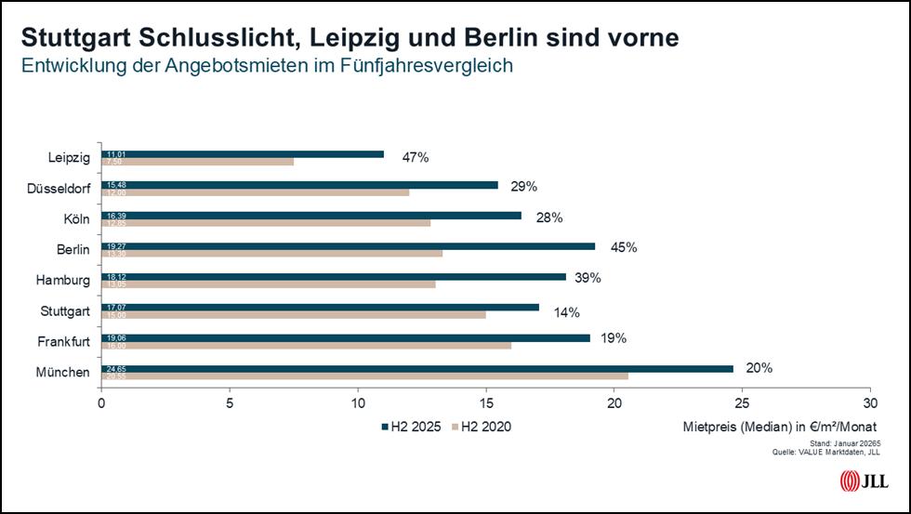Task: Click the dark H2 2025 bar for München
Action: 418,368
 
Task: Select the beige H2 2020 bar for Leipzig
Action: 198,162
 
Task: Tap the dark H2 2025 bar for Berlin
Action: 349,246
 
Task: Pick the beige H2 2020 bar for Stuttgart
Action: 294,314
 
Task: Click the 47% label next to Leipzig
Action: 416,157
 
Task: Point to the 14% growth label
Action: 567,310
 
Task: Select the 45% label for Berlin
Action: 624,247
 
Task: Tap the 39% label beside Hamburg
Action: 588,278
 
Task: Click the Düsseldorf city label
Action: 60,189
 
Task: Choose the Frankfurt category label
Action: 64,342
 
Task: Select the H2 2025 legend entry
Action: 409,427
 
